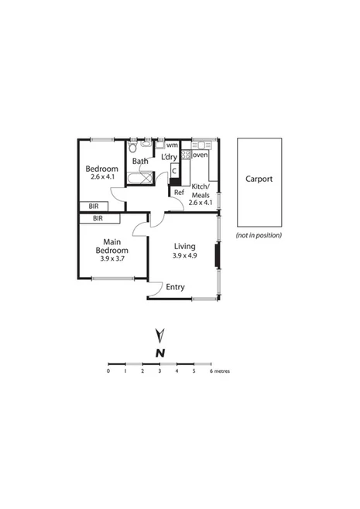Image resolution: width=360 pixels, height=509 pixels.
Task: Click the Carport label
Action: tap(259, 179)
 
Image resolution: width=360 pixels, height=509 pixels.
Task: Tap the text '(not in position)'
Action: tap(259, 235)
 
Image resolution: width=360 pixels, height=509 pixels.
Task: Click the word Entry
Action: tap(176, 288)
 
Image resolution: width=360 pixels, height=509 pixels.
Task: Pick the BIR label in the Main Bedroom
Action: tap(98, 219)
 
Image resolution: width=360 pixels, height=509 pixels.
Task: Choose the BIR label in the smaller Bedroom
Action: tap(94, 207)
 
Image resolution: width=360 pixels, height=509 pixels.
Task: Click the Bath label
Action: tap(140, 162)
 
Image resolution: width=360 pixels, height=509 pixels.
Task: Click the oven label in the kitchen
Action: tap(200, 155)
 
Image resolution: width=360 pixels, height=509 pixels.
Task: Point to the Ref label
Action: tap(178, 192)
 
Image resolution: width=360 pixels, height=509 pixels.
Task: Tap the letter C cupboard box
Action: tap(175, 171)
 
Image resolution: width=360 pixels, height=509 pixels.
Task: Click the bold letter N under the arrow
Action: tap(160, 353)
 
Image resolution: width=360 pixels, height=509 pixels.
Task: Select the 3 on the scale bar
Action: tap(159, 371)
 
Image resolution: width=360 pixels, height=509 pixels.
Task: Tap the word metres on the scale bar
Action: tap(221, 371)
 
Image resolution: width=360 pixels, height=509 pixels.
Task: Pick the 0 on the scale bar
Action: tap(109, 371)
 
